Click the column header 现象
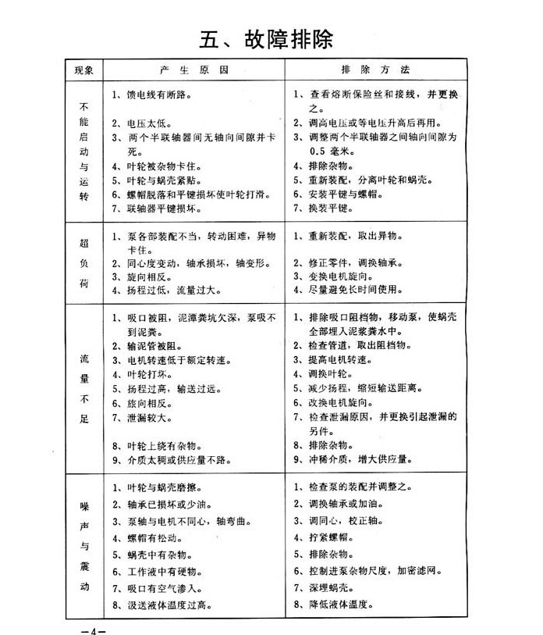pos(84,70)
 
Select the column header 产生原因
pos(190,70)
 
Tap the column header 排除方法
pos(382,70)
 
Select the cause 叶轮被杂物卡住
pos(151,166)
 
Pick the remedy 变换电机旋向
pos(336,276)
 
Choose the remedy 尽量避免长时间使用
pos(346,290)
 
